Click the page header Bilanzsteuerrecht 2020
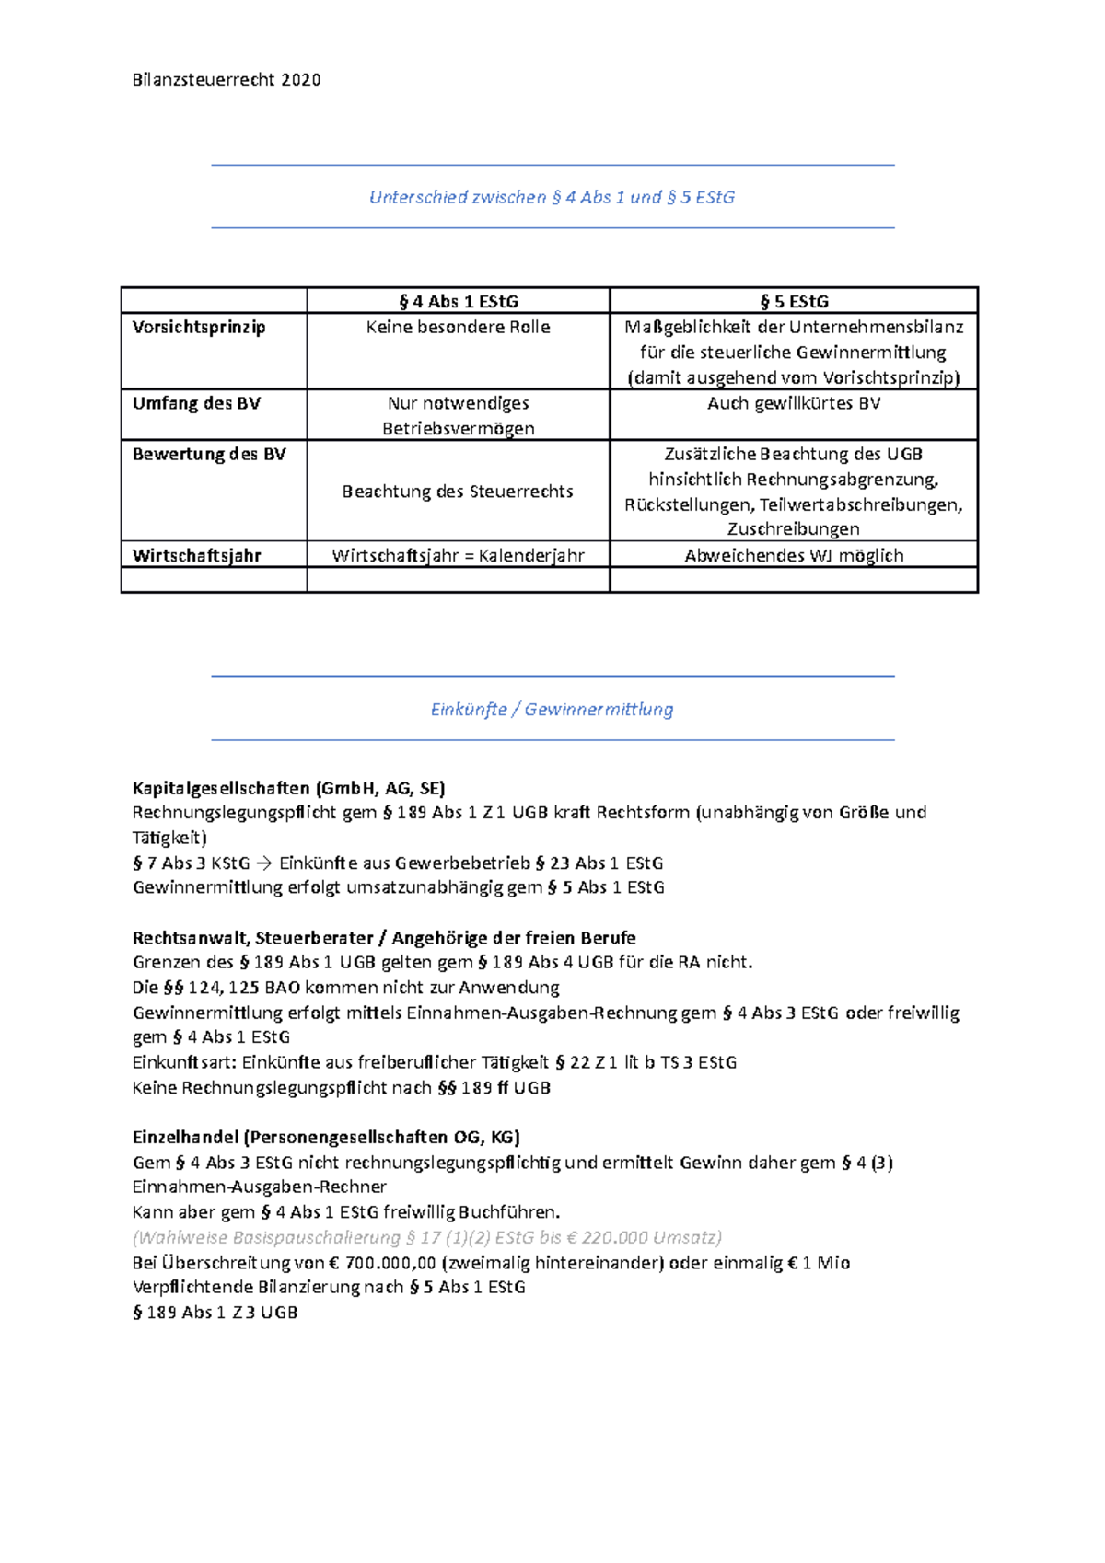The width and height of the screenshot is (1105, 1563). [227, 80]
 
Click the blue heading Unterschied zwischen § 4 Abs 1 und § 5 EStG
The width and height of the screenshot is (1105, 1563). [552, 197]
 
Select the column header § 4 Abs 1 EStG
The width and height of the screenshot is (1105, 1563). [458, 301]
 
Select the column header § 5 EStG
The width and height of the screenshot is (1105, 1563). [794, 301]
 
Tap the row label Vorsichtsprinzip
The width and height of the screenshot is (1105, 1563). [199, 327]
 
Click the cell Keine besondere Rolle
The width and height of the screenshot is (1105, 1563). [458, 327]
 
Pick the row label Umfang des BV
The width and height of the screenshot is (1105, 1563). [196, 403]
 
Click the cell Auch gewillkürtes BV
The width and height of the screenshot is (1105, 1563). [794, 403]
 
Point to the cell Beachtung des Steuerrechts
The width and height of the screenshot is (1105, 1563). [458, 492]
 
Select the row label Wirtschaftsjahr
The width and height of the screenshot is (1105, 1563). [197, 555]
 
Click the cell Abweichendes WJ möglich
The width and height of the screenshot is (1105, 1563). [794, 555]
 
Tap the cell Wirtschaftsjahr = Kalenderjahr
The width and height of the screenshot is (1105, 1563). [458, 555]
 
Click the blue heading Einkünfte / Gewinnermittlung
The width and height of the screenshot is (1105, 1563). [552, 709]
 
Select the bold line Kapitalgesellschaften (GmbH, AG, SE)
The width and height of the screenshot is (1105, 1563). [288, 788]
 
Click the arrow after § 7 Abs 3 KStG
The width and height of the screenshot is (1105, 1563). [264, 863]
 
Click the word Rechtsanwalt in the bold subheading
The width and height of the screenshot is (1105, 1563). [189, 938]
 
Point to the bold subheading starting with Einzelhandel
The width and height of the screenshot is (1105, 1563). [326, 1137]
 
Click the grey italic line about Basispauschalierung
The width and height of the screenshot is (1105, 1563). [427, 1237]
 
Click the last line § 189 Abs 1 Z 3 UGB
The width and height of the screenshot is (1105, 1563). [215, 1313]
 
